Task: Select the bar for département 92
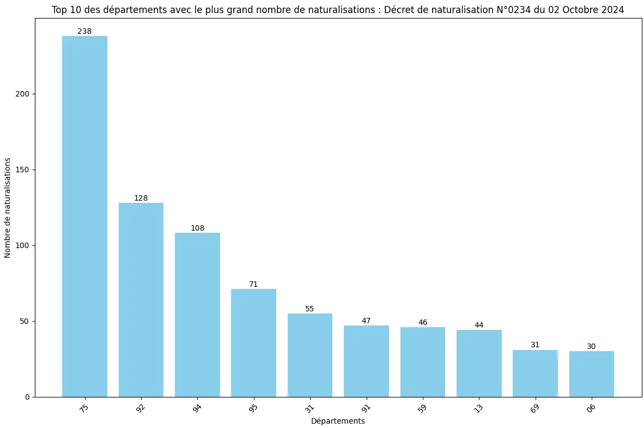pos(141,299)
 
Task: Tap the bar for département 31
pos(309,354)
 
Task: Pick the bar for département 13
pos(479,363)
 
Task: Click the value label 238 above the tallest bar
pos(84,32)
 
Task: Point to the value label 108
pos(197,228)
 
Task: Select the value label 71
pos(253,285)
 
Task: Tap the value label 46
pos(423,323)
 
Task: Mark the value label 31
pos(535,345)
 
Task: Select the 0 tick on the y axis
pos(27,397)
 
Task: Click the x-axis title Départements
pos(338,421)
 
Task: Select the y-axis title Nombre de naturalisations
pos(8,208)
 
